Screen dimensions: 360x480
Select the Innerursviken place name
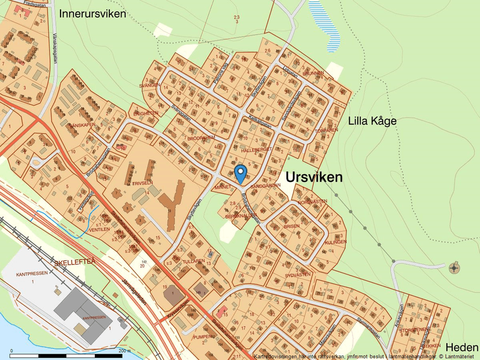click(x=92, y=13)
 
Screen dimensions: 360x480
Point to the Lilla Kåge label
click(x=372, y=121)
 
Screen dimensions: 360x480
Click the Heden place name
click(x=462, y=347)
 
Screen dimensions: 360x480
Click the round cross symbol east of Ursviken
click(x=454, y=268)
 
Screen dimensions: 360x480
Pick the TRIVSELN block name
click(x=142, y=182)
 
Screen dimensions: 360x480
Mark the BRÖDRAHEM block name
click(x=201, y=138)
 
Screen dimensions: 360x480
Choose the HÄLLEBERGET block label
click(x=257, y=149)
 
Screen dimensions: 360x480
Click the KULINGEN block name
click(x=336, y=241)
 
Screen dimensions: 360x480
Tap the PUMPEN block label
click(x=203, y=337)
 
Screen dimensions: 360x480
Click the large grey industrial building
click(x=84, y=305)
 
